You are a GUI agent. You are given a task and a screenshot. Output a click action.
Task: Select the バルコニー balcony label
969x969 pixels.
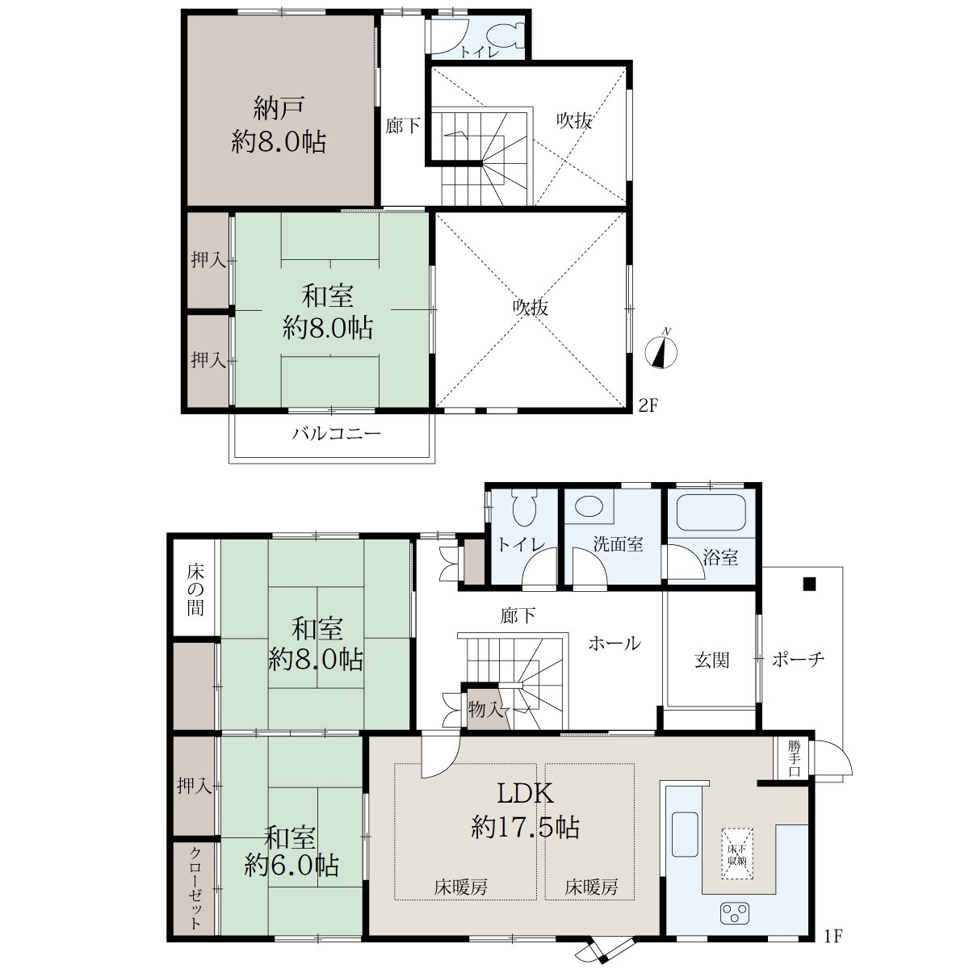[x=337, y=433]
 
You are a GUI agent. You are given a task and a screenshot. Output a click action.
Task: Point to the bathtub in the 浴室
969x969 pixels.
[x=711, y=513]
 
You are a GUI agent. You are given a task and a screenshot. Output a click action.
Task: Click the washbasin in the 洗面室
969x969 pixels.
[x=589, y=506]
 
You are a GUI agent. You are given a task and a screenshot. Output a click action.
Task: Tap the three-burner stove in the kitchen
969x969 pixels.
[x=735, y=912]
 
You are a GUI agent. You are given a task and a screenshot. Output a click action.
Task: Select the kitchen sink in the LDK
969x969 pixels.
[x=685, y=835]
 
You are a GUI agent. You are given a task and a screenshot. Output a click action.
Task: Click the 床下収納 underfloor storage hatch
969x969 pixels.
[x=737, y=854]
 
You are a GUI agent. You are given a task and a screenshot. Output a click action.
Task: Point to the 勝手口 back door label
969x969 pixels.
[x=794, y=757]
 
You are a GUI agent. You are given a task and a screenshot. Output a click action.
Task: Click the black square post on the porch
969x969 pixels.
[x=809, y=584]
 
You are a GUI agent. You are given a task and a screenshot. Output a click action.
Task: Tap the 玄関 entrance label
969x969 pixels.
[x=711, y=660]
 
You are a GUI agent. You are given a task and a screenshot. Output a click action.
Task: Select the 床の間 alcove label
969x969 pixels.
[x=195, y=589]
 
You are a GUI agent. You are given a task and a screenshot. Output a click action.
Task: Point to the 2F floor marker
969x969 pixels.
[x=648, y=405]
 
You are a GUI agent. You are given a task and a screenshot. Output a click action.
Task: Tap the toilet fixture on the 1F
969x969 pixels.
[x=526, y=508]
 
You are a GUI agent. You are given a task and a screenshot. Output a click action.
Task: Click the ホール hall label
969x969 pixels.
[x=615, y=643]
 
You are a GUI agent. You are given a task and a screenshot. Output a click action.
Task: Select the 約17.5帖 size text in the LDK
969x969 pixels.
[x=525, y=827]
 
